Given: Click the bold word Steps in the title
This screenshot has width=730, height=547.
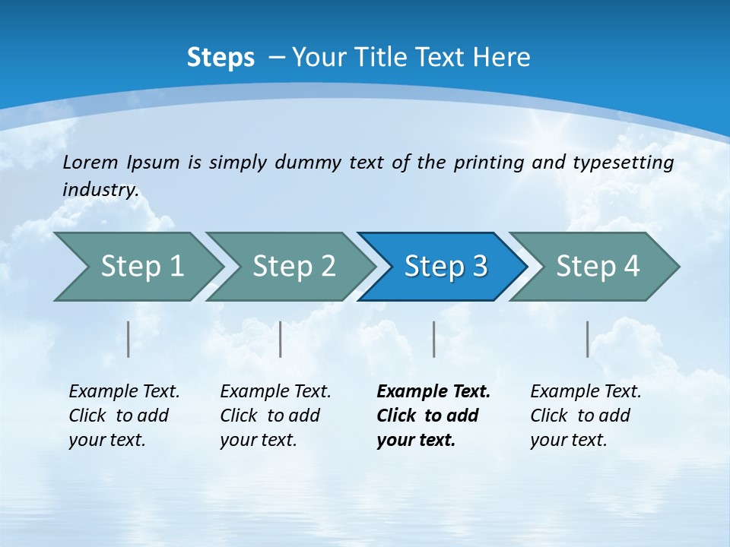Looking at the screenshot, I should click(221, 58).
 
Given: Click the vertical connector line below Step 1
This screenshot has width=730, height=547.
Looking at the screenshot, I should click(129, 339).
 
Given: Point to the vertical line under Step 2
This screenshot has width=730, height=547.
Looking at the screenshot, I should click(281, 339).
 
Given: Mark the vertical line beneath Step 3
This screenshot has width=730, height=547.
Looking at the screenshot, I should click(434, 339).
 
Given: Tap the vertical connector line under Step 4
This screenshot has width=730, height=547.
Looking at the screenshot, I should click(588, 339).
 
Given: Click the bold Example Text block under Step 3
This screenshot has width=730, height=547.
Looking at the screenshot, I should click(433, 416).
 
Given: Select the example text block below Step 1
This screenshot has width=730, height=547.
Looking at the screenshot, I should click(124, 416).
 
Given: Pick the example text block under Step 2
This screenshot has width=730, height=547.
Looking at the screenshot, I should click(275, 416).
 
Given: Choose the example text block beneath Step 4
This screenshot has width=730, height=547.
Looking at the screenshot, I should click(586, 416).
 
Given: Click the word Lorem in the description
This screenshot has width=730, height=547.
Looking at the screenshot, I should click(87, 163).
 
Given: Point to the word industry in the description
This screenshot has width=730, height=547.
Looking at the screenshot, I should click(100, 190).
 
